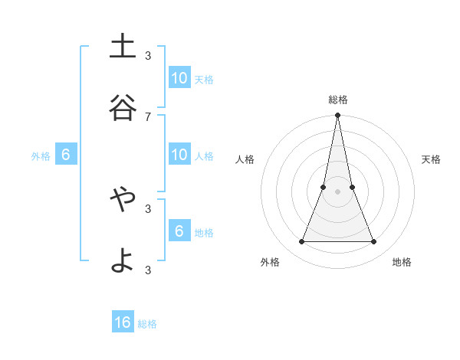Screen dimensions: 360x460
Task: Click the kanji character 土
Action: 123,47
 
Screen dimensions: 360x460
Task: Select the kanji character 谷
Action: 123,108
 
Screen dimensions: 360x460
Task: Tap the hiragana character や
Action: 123,200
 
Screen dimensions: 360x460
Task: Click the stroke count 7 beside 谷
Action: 148,116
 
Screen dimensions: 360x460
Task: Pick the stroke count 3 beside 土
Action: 148,55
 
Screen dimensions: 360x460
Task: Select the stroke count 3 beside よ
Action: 148,270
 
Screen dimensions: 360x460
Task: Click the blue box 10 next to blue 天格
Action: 179,78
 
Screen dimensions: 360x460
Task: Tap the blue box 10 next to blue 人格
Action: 179,155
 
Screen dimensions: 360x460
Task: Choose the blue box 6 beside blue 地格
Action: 179,231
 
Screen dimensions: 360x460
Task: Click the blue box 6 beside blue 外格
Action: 66,155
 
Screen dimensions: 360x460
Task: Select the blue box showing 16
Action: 123,322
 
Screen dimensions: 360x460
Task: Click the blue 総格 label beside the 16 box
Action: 147,324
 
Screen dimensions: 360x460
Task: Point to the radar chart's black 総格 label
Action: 338,100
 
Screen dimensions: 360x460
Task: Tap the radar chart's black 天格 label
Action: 432,159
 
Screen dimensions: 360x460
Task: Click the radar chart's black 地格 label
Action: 402,262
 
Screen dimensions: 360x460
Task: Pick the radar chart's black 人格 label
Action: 245,159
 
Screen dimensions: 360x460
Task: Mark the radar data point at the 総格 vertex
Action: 338,116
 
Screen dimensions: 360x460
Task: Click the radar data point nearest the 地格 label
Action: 374,242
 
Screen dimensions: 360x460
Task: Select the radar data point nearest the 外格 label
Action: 302,242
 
